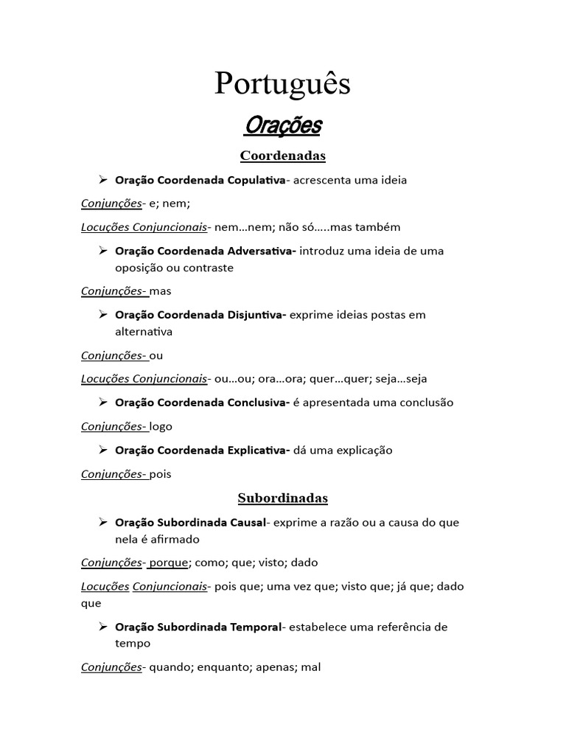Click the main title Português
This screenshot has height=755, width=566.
point(282,85)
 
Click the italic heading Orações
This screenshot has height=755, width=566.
point(282,126)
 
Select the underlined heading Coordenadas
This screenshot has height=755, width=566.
point(282,156)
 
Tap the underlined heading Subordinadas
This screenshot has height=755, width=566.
point(282,498)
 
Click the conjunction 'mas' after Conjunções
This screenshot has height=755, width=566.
point(160,291)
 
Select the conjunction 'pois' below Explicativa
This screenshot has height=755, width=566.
point(160,474)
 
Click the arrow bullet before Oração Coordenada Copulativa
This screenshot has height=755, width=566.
point(104,179)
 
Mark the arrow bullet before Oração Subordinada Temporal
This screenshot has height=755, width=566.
point(104,626)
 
